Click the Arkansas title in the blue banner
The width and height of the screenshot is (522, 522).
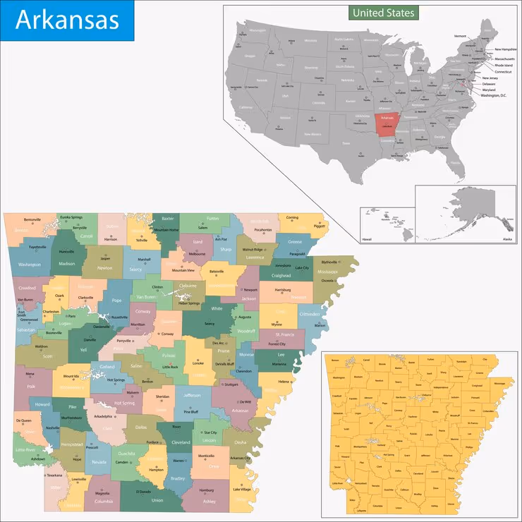pyautogui.click(x=67, y=19)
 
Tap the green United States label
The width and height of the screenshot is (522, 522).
pyautogui.click(x=384, y=13)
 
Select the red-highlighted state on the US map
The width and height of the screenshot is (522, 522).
pyautogui.click(x=386, y=125)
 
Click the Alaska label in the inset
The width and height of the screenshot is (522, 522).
pyautogui.click(x=506, y=239)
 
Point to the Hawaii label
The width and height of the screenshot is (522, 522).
pyautogui.click(x=367, y=239)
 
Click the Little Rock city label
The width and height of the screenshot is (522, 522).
pyautogui.click(x=171, y=367)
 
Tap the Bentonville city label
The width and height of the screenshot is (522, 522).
pyautogui.click(x=32, y=219)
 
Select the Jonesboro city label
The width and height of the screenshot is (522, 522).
pyautogui.click(x=282, y=266)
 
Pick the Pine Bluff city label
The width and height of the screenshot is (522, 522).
pyautogui.click(x=191, y=411)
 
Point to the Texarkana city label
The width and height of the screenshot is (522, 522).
pyautogui.click(x=54, y=475)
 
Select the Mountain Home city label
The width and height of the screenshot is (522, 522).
pyautogui.click(x=166, y=230)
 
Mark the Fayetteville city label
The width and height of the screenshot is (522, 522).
pyautogui.click(x=37, y=248)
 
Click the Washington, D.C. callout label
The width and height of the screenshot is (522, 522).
pyautogui.click(x=494, y=95)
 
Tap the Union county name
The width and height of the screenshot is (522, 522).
pyautogui.click(x=157, y=501)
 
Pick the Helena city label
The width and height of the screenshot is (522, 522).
pyautogui.click(x=284, y=382)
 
